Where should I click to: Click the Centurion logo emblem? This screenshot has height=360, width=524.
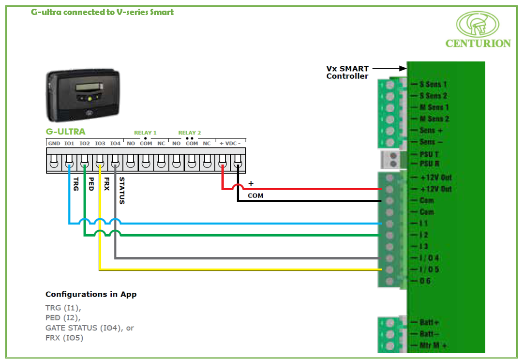[x=478, y=24]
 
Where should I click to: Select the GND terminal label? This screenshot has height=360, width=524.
[x=54, y=143]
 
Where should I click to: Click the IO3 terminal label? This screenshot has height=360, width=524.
[x=100, y=143]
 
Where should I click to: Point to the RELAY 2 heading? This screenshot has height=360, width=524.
[x=189, y=133]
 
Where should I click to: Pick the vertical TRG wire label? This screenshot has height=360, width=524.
[x=76, y=184]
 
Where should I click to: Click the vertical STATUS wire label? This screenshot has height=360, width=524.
[x=122, y=190]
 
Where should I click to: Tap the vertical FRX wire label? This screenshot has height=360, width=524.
[x=106, y=184]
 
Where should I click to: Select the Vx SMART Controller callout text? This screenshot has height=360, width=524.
[x=347, y=73]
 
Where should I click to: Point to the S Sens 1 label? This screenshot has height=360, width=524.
[x=433, y=84]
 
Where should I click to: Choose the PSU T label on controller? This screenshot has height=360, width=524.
[x=429, y=154]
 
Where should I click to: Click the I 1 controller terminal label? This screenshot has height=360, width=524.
[x=424, y=224]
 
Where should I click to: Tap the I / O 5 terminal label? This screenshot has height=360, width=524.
[x=429, y=270]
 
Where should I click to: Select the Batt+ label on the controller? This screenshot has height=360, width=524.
[x=429, y=322]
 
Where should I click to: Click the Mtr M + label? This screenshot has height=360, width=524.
[x=433, y=345]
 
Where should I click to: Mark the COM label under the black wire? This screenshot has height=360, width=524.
[x=255, y=196]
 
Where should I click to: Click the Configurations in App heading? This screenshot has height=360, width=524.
[x=91, y=294]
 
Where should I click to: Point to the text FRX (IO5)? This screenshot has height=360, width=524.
[x=64, y=338]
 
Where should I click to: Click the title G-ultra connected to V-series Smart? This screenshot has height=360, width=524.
[x=102, y=12]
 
